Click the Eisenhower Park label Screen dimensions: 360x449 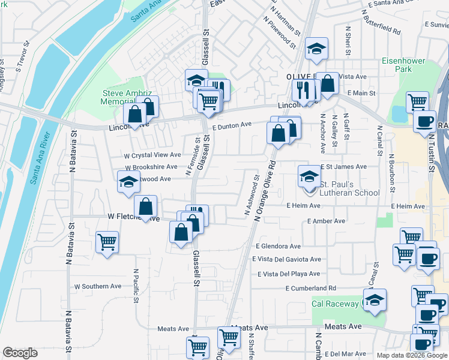tap(404, 65)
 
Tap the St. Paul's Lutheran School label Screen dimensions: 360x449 tap(349, 188)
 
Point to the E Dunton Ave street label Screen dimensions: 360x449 tap(231, 125)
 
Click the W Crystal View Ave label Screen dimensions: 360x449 tap(152, 155)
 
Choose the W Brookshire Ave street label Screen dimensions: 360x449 tap(151, 167)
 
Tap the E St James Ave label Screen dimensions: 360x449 tap(343, 167)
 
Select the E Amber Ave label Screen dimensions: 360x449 tap(326, 221)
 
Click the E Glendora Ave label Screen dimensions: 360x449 tap(278, 246)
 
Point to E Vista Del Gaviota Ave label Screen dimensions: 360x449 tap(289, 259)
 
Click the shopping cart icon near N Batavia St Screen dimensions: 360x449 tap(107, 242)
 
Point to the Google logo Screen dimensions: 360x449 tap(20, 353)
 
